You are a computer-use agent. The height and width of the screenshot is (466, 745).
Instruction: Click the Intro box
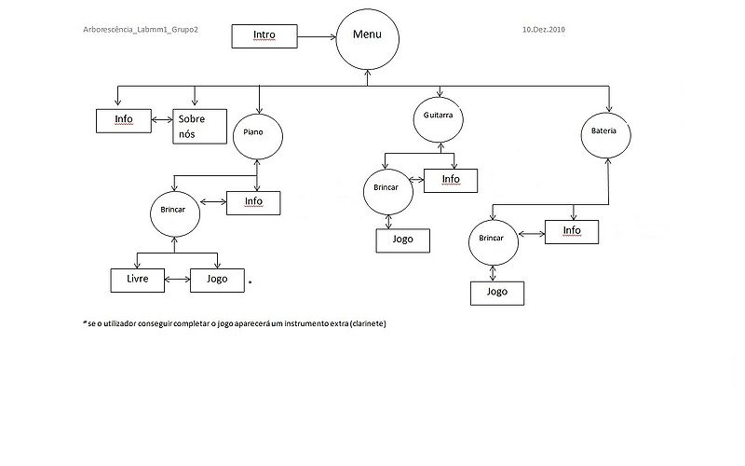click(x=264, y=36)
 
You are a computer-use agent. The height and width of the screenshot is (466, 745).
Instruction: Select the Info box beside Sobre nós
click(x=124, y=120)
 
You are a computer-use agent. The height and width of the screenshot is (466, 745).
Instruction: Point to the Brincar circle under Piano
click(x=173, y=212)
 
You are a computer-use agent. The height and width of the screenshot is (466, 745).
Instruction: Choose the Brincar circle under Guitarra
click(x=386, y=188)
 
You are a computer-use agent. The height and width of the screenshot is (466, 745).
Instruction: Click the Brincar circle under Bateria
click(x=493, y=240)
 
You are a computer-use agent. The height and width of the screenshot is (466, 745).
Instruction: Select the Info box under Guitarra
click(x=451, y=180)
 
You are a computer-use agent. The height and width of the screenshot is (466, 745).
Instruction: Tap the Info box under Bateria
click(x=572, y=231)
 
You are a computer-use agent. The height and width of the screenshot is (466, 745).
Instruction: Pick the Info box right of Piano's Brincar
click(x=253, y=202)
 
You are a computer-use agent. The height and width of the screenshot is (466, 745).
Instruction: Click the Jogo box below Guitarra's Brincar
click(x=403, y=240)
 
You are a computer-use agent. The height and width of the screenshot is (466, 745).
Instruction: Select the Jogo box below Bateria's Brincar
click(x=496, y=292)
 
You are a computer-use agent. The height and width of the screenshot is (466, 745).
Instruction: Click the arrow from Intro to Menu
click(x=318, y=37)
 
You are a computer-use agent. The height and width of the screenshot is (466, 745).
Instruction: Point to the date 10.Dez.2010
click(x=544, y=29)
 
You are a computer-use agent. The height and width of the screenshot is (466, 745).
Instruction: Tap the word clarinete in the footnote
click(x=364, y=323)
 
